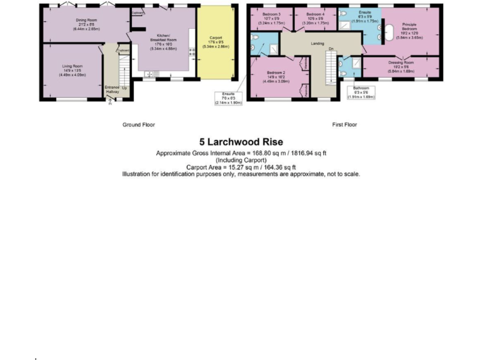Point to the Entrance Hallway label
pos(112,89)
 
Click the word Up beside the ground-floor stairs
pos(124,87)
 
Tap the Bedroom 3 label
pos(271,14)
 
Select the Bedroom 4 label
pos(314,14)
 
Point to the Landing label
pos(317,44)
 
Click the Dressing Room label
pos(401,63)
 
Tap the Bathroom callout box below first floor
pos(364,92)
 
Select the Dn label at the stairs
pos(331,49)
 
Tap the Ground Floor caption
pos(139,125)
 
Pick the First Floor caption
pos(344,125)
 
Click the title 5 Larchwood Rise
pos(241,142)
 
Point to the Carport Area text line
pos(241,167)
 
